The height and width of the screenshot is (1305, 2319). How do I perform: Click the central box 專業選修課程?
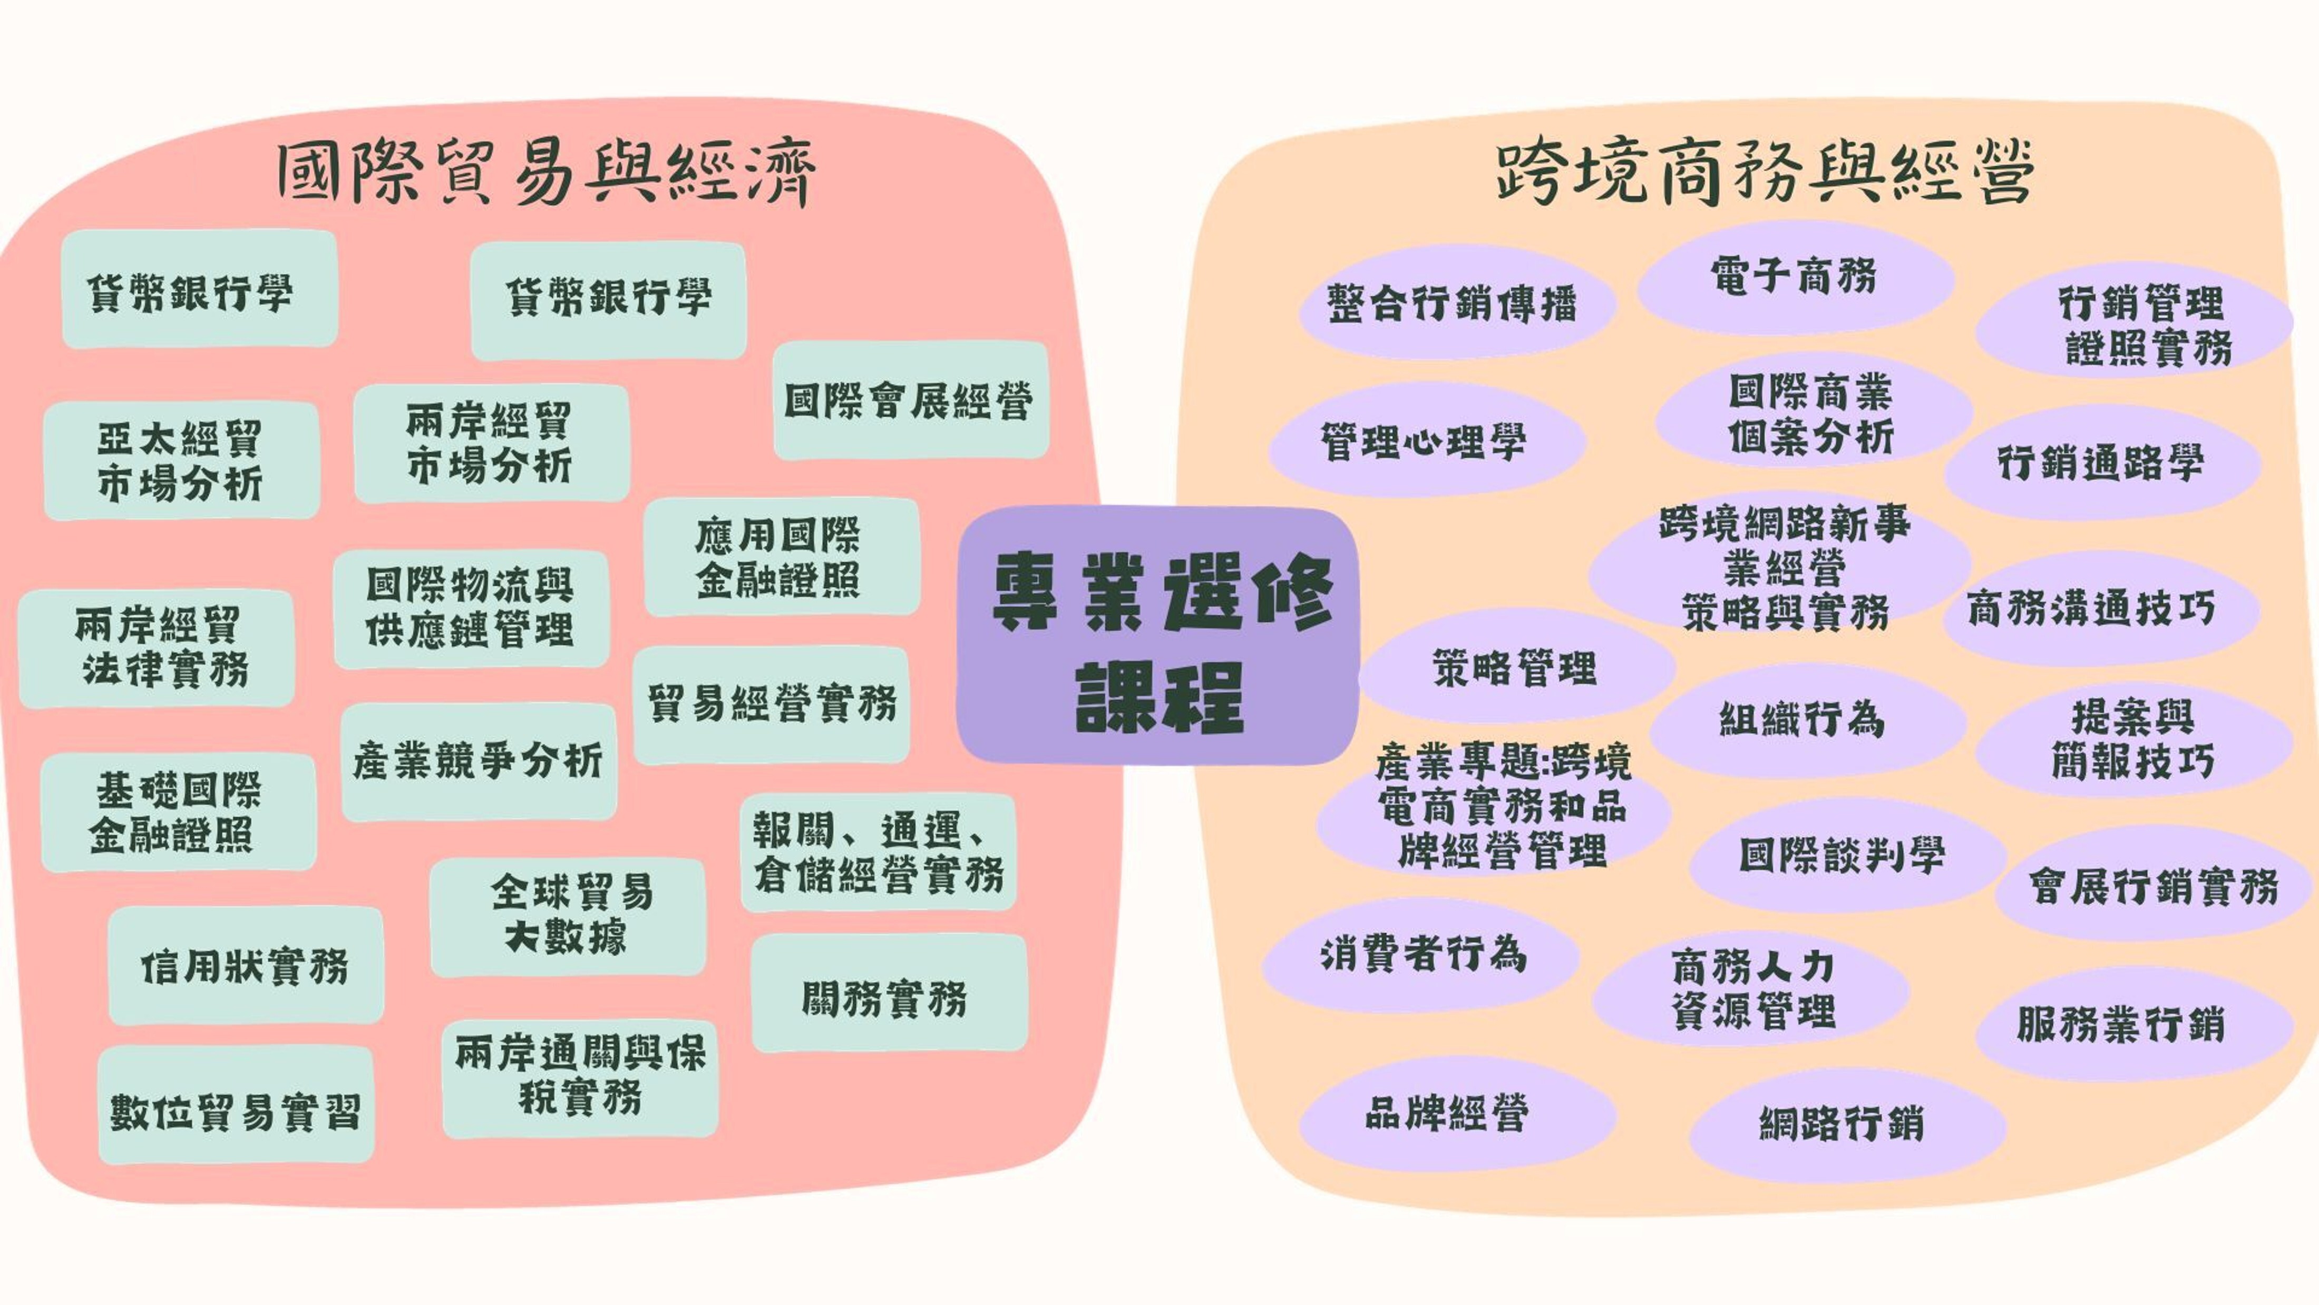coord(1158,636)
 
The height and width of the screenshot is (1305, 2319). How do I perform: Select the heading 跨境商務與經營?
coord(1765,173)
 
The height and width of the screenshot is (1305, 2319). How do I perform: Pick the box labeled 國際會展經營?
coord(910,401)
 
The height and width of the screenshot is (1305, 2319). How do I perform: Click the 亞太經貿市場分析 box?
coord(181,460)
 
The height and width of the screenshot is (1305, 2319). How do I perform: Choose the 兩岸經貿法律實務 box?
coord(157,647)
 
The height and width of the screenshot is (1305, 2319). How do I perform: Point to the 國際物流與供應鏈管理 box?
coord(471,609)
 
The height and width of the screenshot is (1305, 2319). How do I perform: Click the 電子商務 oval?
coord(1794,277)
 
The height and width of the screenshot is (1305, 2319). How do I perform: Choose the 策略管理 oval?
coord(1516,668)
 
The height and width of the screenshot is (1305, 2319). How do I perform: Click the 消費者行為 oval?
coord(1422,955)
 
